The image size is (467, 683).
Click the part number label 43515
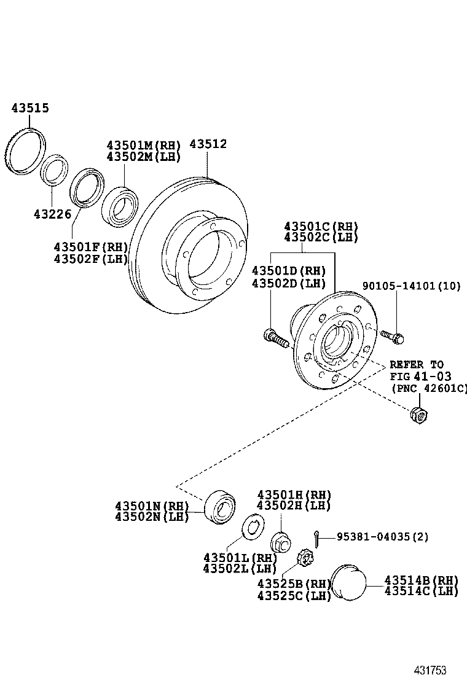pyautogui.click(x=30, y=109)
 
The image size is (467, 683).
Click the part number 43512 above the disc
pyautogui.click(x=208, y=144)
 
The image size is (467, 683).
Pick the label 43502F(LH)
pyautogui.click(x=91, y=259)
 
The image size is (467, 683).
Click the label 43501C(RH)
pyautogui.click(x=321, y=226)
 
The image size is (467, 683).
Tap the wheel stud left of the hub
pyautogui.click(x=275, y=337)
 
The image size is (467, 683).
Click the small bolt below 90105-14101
pyautogui.click(x=391, y=336)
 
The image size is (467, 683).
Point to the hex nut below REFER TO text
pyautogui.click(x=418, y=415)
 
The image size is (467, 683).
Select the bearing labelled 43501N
pyautogui.click(x=219, y=506)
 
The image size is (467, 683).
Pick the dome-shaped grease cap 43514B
pyautogui.click(x=348, y=582)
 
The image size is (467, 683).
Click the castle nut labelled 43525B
pyautogui.click(x=305, y=559)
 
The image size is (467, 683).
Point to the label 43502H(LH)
pyautogui.click(x=294, y=505)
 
